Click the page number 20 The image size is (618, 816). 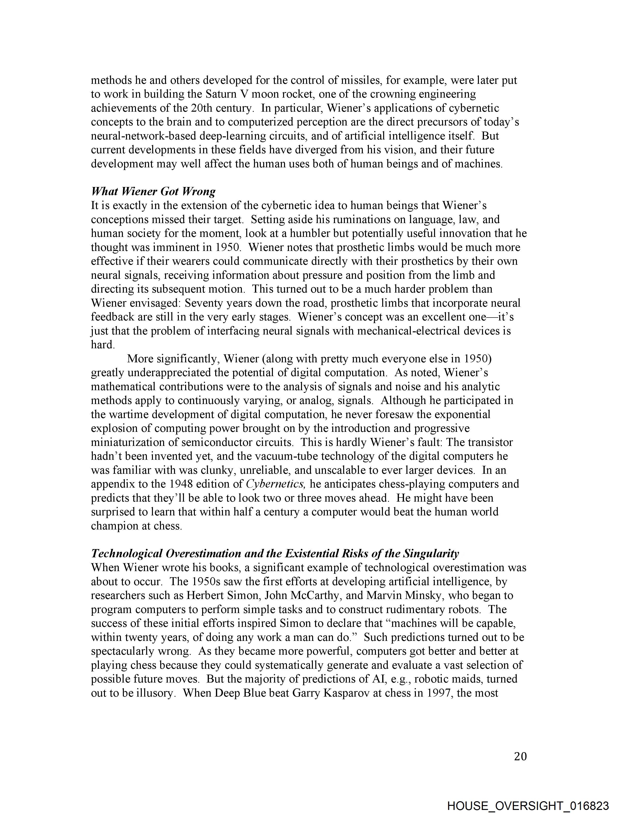(520, 756)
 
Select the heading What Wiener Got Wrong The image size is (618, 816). (153, 191)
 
